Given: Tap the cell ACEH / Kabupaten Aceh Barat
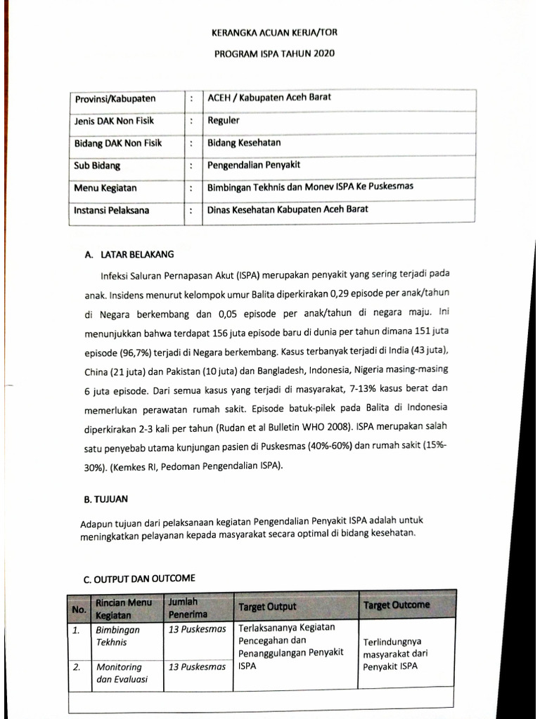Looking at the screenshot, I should (269, 98).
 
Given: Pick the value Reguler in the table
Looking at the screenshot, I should (224, 120).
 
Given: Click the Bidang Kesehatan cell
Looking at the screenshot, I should (244, 143).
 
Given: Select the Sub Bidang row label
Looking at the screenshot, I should (97, 166).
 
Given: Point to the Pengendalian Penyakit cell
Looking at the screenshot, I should (255, 166).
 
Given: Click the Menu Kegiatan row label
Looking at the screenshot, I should (105, 188).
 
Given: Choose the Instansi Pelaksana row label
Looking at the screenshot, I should (112, 210).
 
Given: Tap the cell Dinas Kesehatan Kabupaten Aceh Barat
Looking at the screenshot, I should (288, 210).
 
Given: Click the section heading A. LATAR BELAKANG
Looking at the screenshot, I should (128, 254).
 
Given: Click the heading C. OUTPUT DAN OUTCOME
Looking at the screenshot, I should (139, 579).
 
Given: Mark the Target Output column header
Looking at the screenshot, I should (267, 606).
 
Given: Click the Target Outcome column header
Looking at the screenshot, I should (397, 605).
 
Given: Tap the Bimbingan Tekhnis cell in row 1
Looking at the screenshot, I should (117, 635).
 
